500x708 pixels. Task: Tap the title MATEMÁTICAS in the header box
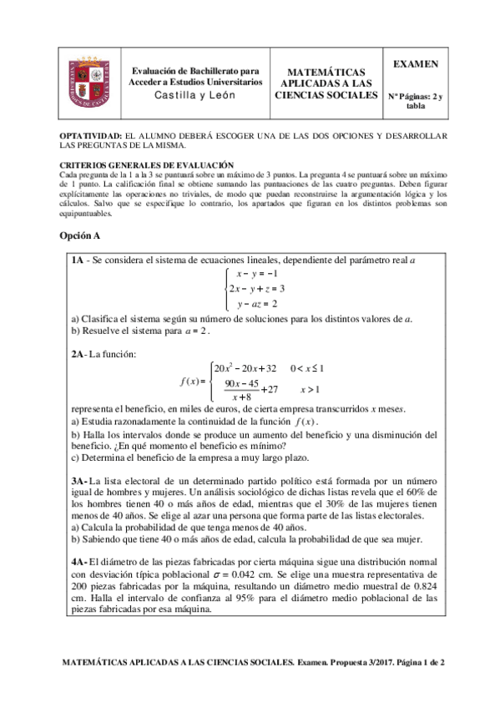pyautogui.click(x=326, y=73)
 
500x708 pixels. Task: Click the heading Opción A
pyautogui.click(x=81, y=236)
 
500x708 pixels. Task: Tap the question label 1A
pyautogui.click(x=77, y=261)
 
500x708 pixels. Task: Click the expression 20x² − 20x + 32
pyautogui.click(x=245, y=367)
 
